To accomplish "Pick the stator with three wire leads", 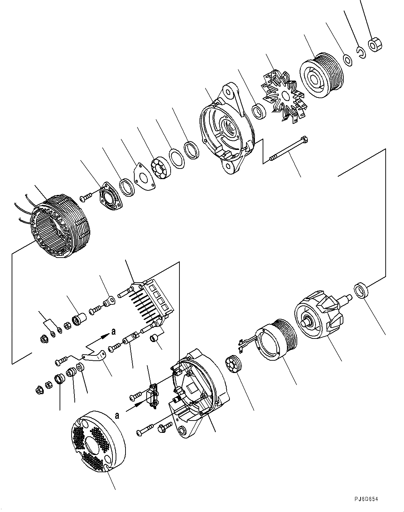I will point(62,227).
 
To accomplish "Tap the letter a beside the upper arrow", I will point(113,331).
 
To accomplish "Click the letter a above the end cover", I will point(117,416).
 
